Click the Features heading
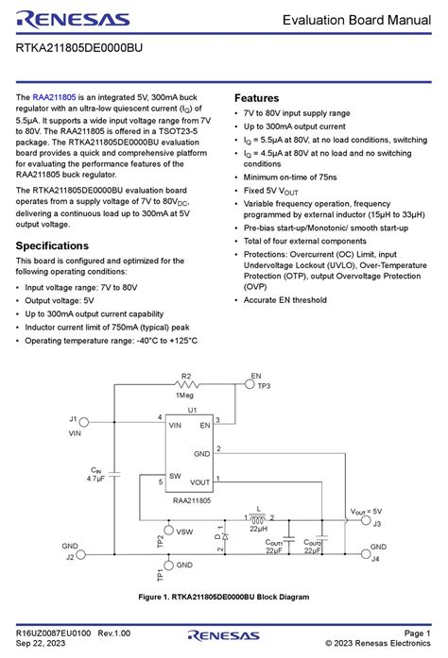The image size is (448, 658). (257, 98)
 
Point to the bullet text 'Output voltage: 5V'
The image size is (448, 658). (65, 300)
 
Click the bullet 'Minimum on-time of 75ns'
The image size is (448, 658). (292, 177)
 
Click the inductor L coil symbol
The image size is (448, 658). (258, 517)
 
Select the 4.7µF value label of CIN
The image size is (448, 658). (95, 479)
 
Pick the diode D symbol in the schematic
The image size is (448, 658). (220, 535)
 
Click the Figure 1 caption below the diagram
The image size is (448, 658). (223, 597)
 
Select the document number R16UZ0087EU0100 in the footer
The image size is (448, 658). (53, 632)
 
